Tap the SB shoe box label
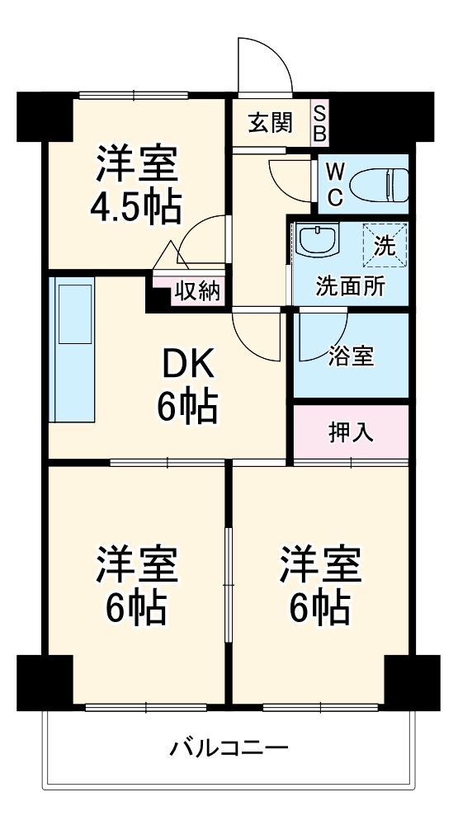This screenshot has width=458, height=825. pos(320,122)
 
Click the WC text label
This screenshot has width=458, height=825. pos(335,184)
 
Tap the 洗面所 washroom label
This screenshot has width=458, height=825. pos(351,288)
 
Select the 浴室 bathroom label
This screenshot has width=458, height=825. pos(351,356)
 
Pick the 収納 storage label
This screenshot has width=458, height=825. pos(196,291)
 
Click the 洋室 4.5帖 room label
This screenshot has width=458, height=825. pos(137,183)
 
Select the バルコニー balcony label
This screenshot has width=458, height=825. pos(229,749)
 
